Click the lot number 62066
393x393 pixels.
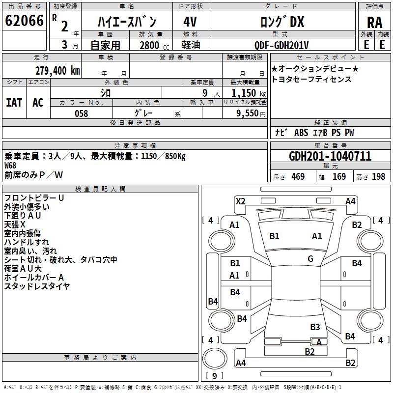tap(24, 21)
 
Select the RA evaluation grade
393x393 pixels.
tap(374, 23)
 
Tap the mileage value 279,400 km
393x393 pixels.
tap(57, 71)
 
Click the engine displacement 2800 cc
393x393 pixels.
tap(154, 45)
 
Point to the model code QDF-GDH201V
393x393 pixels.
tap(281, 45)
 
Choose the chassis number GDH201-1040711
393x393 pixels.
tap(330, 156)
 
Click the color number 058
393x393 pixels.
tap(81, 113)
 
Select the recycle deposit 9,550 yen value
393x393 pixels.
tap(251, 113)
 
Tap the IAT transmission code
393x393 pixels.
tap(14, 103)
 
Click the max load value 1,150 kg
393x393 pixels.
tap(249, 93)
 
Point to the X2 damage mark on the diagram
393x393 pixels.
tap(240, 201)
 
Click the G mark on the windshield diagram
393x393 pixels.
tap(310, 258)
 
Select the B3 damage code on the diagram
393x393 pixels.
tap(315, 327)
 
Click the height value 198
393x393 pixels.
tap(378, 177)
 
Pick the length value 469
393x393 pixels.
tap(298, 177)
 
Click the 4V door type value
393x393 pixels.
tap(190, 22)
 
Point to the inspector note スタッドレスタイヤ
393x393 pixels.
tap(37, 286)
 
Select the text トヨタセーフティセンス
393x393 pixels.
tap(311, 79)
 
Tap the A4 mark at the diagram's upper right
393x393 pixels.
tap(350, 201)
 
